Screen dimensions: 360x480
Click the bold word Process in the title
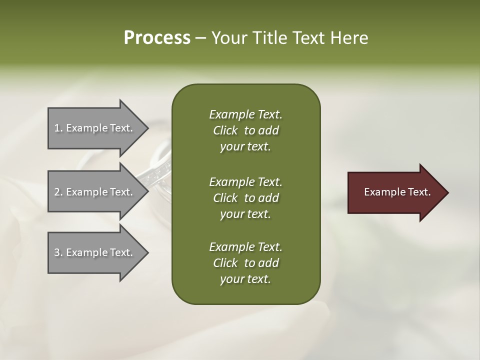(157, 38)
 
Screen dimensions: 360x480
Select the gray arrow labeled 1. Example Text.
(94, 128)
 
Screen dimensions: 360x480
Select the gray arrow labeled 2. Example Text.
(94, 192)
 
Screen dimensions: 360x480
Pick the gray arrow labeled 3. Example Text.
(94, 252)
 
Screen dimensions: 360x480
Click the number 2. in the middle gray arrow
(58, 192)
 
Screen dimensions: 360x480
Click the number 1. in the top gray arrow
(58, 128)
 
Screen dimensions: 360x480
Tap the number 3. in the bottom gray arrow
(58, 252)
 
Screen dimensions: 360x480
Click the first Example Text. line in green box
(245, 114)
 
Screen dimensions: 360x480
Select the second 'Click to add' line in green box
(245, 198)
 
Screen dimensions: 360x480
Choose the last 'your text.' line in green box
(245, 279)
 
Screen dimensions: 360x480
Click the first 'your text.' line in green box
(245, 147)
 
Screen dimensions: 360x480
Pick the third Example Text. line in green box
(245, 247)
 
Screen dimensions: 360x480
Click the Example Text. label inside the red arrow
(397, 192)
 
